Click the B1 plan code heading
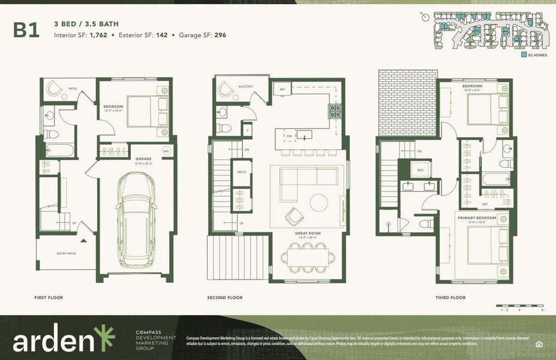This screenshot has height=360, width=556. (x=26, y=31)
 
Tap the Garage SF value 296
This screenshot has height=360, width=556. (x=220, y=35)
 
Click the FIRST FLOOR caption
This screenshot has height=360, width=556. (x=49, y=298)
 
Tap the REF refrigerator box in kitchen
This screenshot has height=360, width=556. (x=281, y=89)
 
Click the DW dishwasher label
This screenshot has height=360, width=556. (x=288, y=137)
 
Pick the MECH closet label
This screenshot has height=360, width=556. (x=242, y=172)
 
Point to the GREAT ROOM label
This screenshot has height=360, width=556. (x=307, y=233)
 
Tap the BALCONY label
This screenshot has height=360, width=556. (x=246, y=86)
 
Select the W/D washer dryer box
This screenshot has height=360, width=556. (x=419, y=170)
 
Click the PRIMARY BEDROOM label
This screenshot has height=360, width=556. (x=475, y=217)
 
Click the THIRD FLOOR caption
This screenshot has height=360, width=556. (x=450, y=298)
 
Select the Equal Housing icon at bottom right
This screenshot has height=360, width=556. (x=537, y=343)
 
